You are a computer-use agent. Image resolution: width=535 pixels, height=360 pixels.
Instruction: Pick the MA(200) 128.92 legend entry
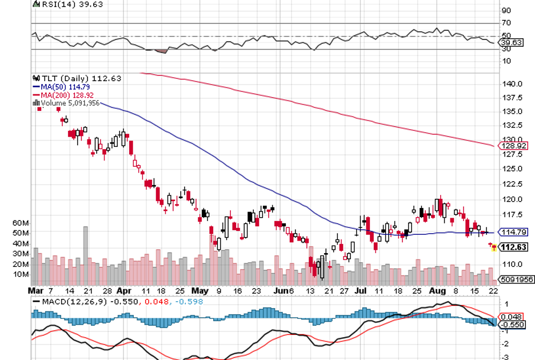(x=63, y=94)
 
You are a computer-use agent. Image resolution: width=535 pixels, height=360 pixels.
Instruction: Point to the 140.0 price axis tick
(x=513, y=83)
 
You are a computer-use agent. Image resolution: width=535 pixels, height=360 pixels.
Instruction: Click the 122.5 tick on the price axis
(x=513, y=184)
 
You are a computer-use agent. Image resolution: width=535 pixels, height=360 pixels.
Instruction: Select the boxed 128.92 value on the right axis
(x=513, y=146)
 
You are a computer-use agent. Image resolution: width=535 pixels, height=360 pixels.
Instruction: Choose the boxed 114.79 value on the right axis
(x=513, y=232)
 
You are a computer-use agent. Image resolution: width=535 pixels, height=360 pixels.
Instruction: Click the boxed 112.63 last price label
(x=514, y=247)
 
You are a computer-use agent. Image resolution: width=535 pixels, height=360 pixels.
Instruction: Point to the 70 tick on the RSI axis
(x=506, y=23)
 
